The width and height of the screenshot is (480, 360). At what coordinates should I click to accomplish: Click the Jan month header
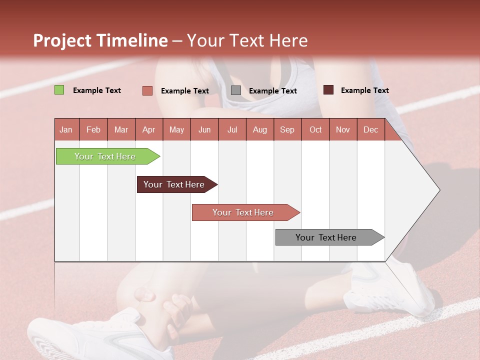tap(66, 129)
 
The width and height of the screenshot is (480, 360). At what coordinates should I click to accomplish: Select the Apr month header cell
tap(149, 129)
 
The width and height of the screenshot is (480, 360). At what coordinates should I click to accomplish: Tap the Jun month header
tap(204, 129)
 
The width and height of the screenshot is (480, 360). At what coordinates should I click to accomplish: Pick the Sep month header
tap(287, 129)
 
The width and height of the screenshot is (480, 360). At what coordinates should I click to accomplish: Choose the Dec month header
tap(370, 129)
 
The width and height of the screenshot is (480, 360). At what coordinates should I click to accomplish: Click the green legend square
tap(59, 90)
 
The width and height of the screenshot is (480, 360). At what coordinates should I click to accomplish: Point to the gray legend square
tap(236, 90)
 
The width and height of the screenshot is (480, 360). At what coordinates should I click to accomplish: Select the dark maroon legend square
tap(328, 90)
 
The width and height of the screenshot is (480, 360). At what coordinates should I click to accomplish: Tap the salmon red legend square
tap(147, 90)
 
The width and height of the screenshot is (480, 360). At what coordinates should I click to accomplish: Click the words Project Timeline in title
tap(100, 40)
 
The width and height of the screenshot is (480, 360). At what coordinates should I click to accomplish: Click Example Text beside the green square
tap(97, 90)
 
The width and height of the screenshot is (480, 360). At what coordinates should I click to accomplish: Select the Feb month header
tap(93, 129)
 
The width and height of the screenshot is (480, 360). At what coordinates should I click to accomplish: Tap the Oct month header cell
tap(315, 129)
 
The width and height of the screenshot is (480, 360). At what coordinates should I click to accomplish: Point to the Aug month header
tap(260, 129)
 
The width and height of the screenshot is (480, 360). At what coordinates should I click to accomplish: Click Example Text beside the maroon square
tap(364, 90)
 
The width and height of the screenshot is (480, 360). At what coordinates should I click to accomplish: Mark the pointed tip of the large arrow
tap(438, 190)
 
